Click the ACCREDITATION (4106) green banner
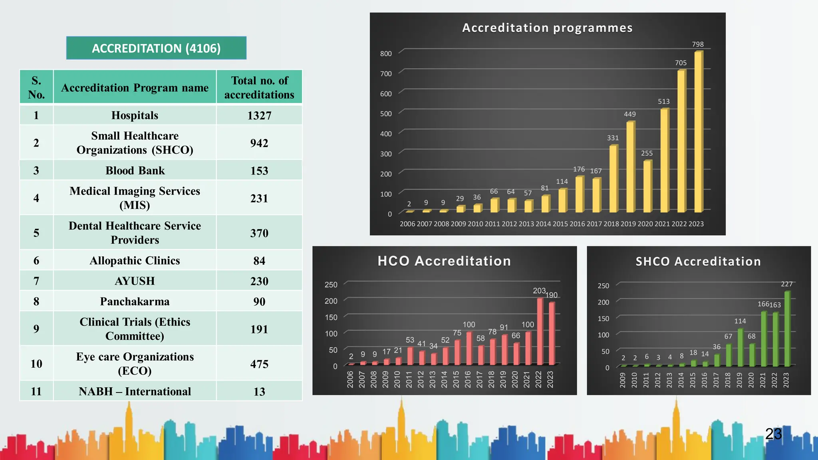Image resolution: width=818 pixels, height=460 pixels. (156, 48)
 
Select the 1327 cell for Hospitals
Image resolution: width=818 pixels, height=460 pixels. (259, 115)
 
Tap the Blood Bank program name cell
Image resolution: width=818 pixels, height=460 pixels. (135, 171)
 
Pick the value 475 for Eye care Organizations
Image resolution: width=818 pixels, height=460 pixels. (259, 364)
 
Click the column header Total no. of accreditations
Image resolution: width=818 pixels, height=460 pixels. (259, 87)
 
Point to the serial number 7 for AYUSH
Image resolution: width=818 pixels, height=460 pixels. (36, 281)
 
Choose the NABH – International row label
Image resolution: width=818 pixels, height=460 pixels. (135, 391)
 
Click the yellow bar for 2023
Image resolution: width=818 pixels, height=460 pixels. (698, 132)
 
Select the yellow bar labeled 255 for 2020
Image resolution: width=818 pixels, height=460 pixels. (647, 186)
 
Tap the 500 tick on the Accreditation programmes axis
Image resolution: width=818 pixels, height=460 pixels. (386, 114)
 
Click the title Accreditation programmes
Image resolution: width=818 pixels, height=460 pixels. (547, 28)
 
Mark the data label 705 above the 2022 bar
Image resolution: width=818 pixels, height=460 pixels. (681, 63)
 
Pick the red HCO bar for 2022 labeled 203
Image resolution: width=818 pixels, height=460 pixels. (540, 331)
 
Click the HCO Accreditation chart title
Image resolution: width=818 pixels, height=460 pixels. (444, 261)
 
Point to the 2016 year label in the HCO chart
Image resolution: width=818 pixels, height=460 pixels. (468, 379)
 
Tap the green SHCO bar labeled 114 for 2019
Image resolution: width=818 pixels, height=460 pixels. (740, 347)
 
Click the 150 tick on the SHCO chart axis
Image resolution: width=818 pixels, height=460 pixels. (603, 319)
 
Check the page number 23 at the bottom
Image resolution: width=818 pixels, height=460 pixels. (773, 434)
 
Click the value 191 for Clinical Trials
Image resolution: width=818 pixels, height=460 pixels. (259, 329)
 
